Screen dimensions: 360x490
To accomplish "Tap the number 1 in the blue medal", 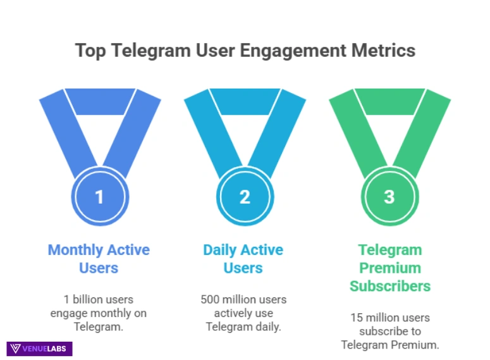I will [99, 197].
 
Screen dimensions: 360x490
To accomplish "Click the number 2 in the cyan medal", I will [245, 197].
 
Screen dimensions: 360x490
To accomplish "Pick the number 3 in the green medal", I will [389, 197].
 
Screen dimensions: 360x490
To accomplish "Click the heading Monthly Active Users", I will [99, 259].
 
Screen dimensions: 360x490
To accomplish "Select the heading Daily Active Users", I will [243, 259].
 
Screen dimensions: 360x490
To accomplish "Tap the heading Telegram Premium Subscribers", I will [390, 268].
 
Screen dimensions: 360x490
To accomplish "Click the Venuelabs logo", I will [40, 349].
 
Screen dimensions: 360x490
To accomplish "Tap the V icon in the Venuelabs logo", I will [16, 349].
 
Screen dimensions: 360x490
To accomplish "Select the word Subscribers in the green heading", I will [390, 286].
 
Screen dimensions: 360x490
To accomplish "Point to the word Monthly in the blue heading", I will [75, 250].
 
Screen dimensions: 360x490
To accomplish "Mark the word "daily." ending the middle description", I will [268, 327].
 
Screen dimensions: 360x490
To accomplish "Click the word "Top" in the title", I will [90, 51].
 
